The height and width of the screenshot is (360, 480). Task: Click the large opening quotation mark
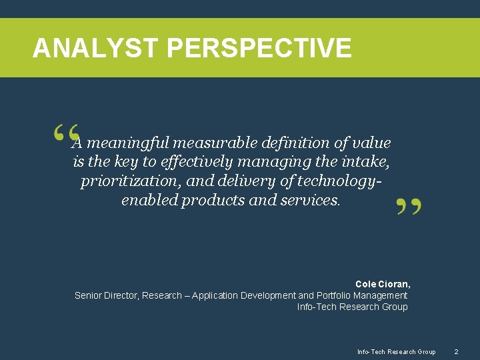pyautogui.click(x=65, y=133)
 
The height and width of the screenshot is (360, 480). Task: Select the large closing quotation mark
pyautogui.click(x=409, y=207)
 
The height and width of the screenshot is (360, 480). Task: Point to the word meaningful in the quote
pyautogui.click(x=128, y=143)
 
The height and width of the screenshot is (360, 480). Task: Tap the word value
pyautogui.click(x=370, y=143)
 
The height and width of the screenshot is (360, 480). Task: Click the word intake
pyautogui.click(x=366, y=162)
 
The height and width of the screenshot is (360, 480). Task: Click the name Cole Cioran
pyautogui.click(x=383, y=284)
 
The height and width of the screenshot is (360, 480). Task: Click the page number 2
pyautogui.click(x=456, y=351)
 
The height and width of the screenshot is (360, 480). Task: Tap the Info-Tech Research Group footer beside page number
pyautogui.click(x=396, y=351)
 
